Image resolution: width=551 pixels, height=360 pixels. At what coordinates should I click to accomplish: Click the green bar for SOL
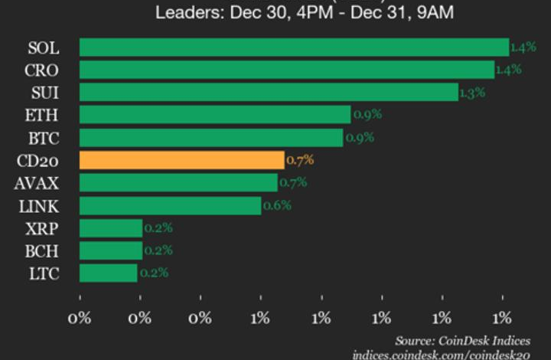click(x=294, y=47)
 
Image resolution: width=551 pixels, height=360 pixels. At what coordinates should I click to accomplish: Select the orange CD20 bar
click(x=181, y=160)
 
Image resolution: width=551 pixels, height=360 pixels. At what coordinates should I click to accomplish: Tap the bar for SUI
click(x=269, y=93)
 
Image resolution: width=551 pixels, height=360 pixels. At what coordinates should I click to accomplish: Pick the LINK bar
click(x=170, y=205)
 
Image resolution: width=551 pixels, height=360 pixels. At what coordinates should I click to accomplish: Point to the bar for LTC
click(x=108, y=273)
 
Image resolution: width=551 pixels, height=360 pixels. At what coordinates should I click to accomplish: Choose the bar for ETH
click(x=215, y=115)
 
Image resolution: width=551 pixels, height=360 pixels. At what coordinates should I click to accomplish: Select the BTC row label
click(x=44, y=138)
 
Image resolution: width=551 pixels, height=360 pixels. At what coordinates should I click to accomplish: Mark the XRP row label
click(x=43, y=228)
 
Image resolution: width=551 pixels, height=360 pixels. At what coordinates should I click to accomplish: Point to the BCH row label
click(x=43, y=250)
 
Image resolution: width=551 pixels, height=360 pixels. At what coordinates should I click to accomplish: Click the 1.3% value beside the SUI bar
click(x=471, y=93)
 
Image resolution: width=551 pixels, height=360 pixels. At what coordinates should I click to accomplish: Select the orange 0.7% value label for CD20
click(x=299, y=161)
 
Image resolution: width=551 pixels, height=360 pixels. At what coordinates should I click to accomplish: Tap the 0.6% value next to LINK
click(x=276, y=206)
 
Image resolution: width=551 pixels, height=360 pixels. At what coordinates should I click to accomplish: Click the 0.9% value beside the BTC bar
click(x=358, y=139)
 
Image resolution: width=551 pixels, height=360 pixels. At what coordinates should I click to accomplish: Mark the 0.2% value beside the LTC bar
click(x=153, y=273)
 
